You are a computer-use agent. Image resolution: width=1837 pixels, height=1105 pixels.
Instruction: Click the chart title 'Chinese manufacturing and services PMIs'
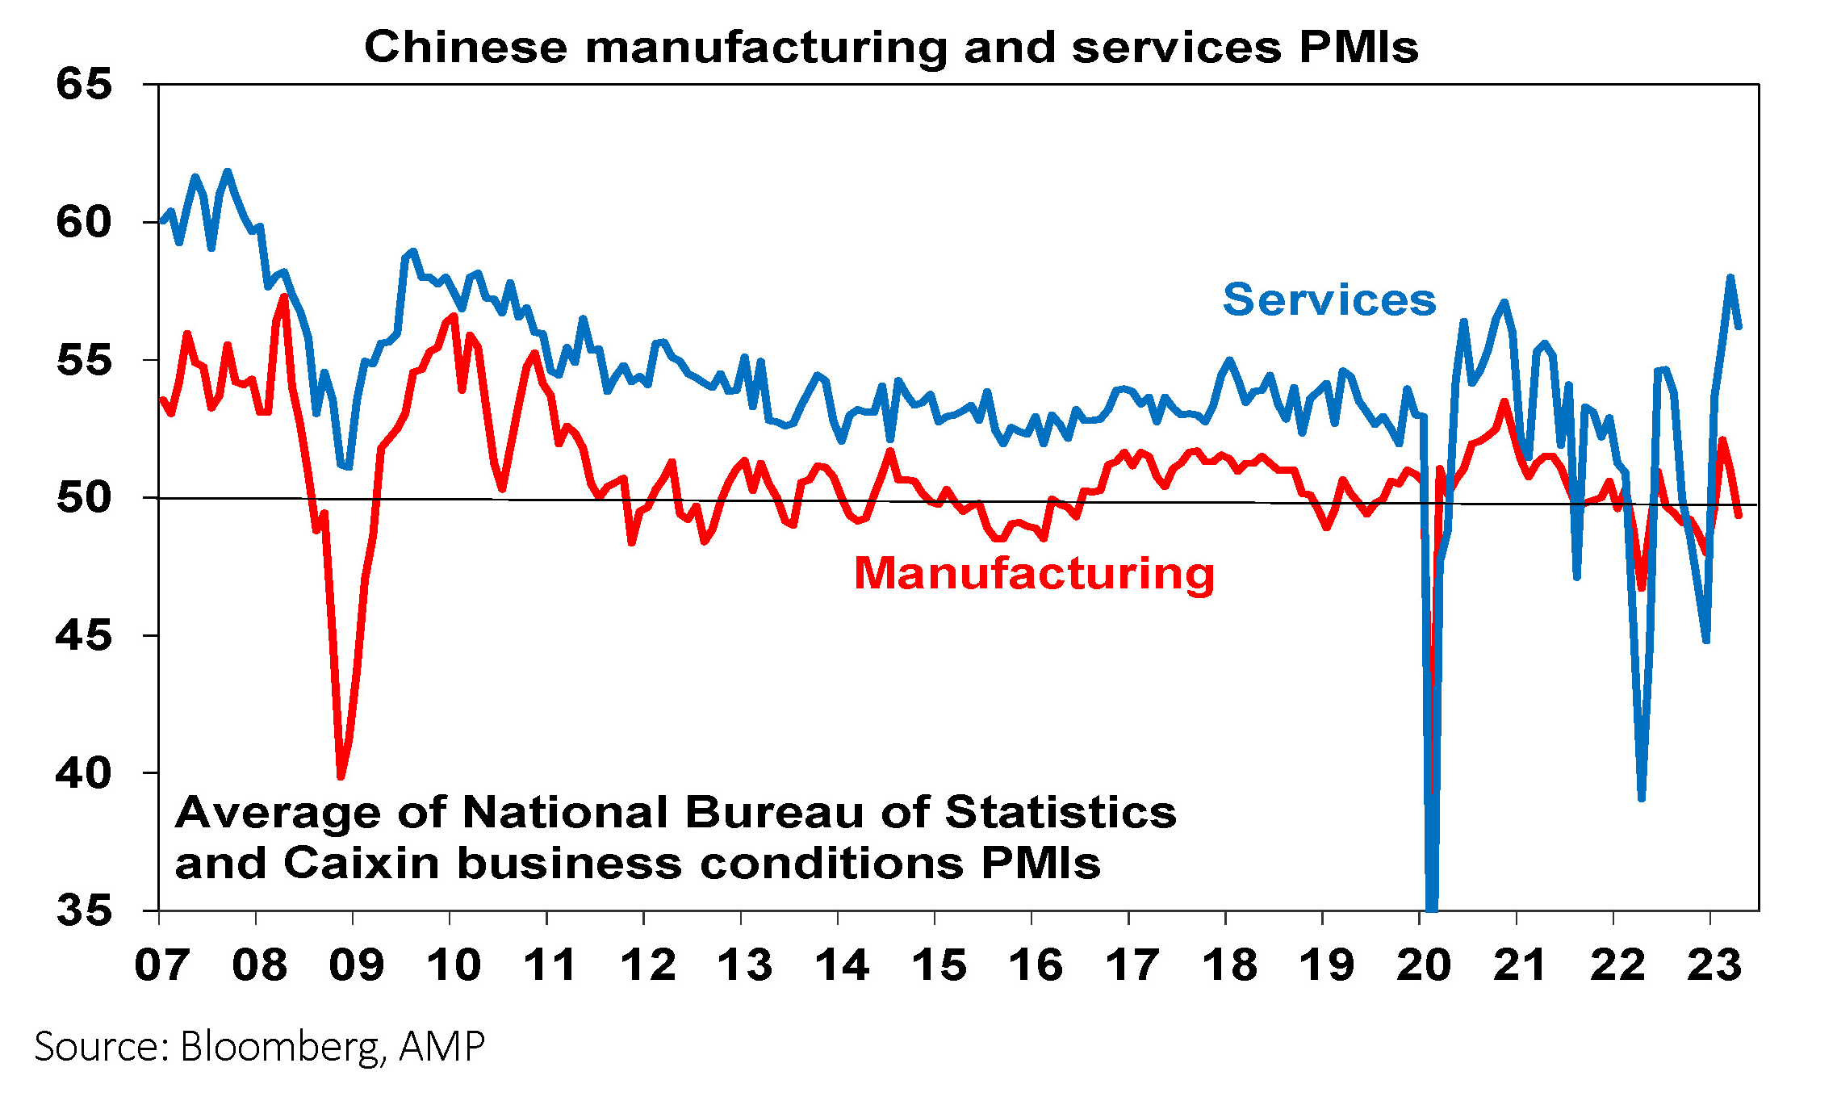tap(891, 47)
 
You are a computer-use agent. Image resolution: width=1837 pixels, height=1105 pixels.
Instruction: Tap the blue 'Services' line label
tap(1329, 300)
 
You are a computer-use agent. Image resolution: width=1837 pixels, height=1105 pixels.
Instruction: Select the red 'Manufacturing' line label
tap(1034, 574)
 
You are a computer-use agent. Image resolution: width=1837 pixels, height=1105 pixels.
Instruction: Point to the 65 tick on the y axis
tap(84, 85)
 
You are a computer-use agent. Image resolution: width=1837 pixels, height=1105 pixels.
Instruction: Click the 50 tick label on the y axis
tap(84, 498)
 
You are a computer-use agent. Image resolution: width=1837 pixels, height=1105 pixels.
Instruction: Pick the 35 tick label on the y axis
tap(84, 911)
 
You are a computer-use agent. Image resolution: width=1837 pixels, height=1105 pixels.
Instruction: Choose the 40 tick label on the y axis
tap(84, 773)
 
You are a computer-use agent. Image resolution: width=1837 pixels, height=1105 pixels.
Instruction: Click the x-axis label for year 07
tap(161, 965)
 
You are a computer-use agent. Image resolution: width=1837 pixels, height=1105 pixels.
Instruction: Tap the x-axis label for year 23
tap(1714, 965)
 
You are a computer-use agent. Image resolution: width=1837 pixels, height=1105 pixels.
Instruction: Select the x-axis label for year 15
tap(939, 965)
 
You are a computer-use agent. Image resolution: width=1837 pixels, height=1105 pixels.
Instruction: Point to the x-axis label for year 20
tap(1423, 965)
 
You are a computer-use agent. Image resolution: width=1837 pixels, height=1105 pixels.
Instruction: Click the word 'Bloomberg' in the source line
tap(278, 1047)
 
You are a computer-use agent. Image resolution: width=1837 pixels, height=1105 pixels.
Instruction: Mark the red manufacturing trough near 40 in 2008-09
tap(341, 776)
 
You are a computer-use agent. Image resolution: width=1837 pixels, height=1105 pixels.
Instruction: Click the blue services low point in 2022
tap(1642, 797)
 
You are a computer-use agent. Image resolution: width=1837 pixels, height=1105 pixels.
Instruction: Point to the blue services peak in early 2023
tap(1730, 278)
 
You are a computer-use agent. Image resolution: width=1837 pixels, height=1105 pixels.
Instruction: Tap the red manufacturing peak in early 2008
tap(284, 297)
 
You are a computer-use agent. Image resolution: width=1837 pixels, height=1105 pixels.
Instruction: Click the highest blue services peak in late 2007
tap(227, 171)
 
